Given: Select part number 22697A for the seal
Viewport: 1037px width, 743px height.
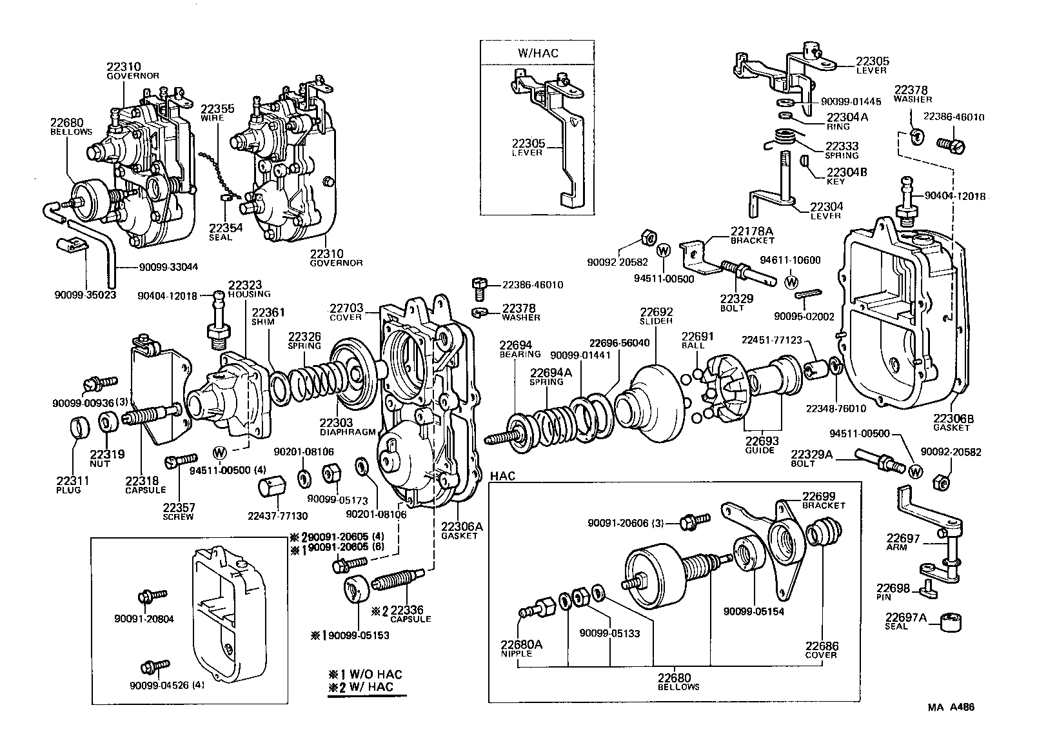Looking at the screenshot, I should coord(906,617).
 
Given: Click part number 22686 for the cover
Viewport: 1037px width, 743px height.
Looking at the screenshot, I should coord(821,646).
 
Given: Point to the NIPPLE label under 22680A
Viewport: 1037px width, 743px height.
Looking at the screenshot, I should coord(517,653).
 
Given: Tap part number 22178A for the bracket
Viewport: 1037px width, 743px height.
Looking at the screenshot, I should coord(751,231).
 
